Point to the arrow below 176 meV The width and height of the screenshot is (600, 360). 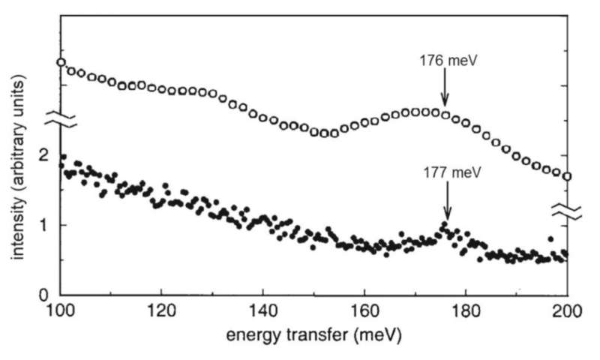445,88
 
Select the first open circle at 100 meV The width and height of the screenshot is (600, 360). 61,62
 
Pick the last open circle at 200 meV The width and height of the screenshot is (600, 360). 567,177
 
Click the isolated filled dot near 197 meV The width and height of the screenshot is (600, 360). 551,239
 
